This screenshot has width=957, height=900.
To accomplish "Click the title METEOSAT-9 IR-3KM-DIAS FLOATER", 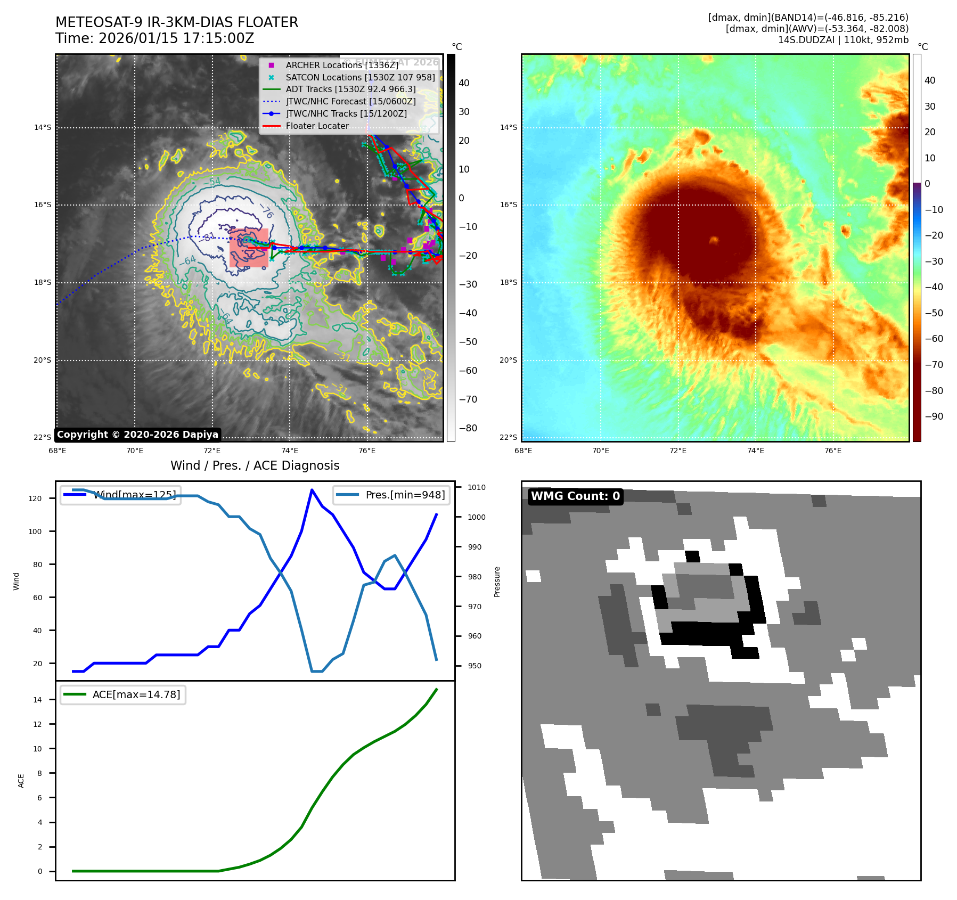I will point(177,22).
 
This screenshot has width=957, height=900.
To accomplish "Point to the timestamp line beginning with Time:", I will point(154,39).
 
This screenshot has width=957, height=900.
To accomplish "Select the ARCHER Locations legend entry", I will point(341,65).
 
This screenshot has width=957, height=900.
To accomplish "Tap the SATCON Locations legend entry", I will point(360,77).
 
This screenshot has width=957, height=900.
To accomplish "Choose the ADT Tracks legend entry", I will point(350,89).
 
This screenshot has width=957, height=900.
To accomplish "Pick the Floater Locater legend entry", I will point(317,126).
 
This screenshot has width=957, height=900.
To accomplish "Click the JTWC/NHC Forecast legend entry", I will point(350,102).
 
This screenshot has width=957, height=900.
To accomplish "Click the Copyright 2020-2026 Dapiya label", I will point(137,435).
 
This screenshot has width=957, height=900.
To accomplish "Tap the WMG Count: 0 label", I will point(575,496).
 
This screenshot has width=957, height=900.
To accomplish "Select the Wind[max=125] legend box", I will point(120,495).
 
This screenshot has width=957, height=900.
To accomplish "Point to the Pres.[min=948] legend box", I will point(391,495).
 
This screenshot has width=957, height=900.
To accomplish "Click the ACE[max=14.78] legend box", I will point(123,694).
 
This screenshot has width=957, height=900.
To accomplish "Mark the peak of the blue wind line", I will point(312,489).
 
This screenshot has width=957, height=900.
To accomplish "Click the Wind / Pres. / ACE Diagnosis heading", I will point(255,465).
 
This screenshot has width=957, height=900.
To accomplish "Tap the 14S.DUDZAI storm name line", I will point(843,40).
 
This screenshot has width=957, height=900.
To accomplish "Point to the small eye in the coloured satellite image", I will point(713,240).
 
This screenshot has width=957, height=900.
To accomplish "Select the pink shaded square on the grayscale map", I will point(249,248).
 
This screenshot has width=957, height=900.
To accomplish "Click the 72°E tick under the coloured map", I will point(677,451).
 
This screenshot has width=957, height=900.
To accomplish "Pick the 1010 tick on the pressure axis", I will point(476,487).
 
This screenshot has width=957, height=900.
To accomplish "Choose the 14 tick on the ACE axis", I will point(37,700).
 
